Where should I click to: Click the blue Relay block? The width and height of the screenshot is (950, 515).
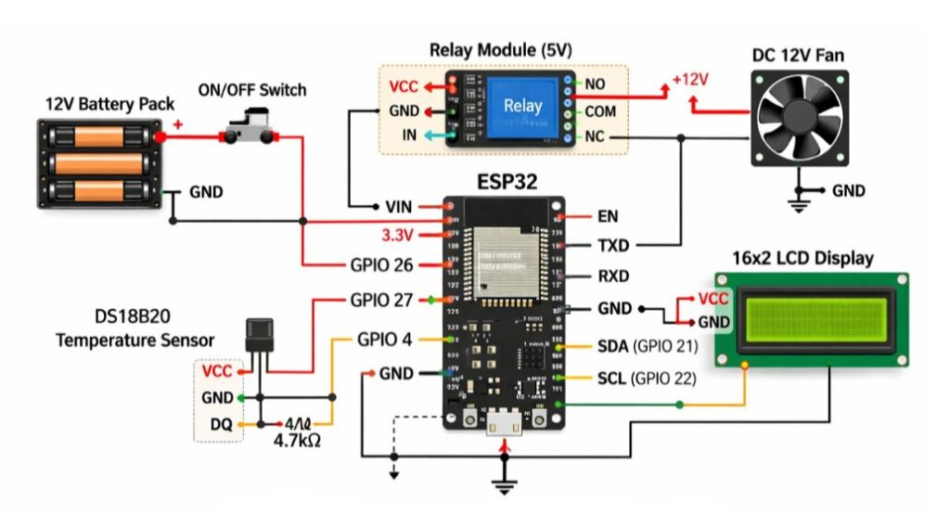click(522, 108)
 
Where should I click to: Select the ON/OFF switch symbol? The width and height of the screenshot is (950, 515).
click(250, 127)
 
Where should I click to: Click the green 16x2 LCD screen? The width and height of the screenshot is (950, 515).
click(812, 320)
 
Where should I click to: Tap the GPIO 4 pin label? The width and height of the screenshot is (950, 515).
click(384, 339)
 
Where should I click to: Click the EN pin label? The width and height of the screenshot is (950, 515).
click(609, 216)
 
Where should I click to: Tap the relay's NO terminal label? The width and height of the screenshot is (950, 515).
click(595, 84)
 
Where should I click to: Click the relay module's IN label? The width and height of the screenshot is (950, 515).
click(409, 135)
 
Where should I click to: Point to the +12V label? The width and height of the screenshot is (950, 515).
click(689, 80)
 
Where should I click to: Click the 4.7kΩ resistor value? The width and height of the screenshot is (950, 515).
click(297, 441)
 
